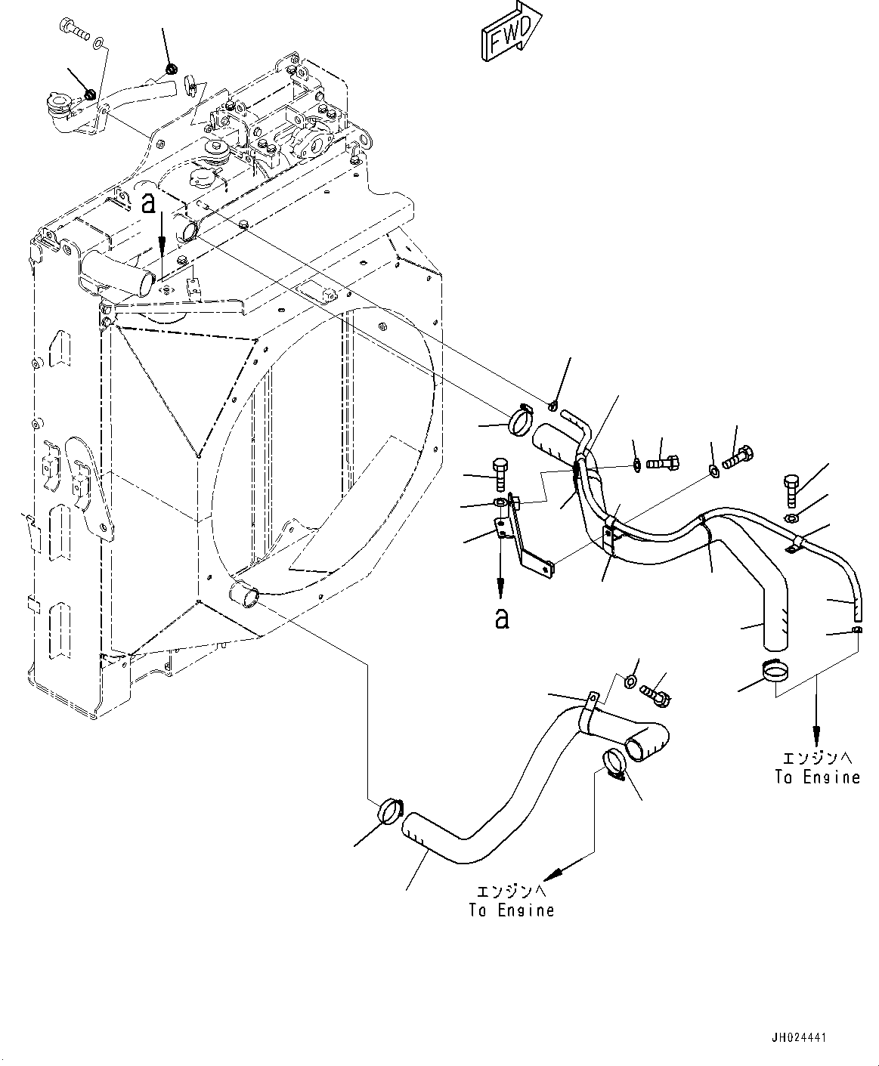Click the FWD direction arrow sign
pos(508,32)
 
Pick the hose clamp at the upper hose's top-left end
pos(521,419)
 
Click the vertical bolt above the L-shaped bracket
pos(499,474)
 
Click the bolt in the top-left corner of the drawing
pos(73,29)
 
